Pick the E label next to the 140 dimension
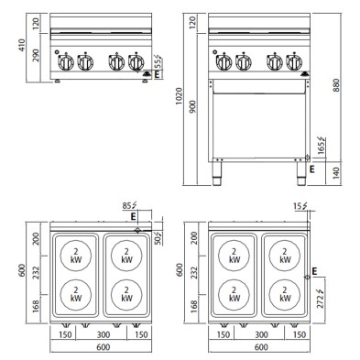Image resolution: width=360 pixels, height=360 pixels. click(x=312, y=169)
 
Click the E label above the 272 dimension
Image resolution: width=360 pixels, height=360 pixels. click(x=315, y=272)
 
